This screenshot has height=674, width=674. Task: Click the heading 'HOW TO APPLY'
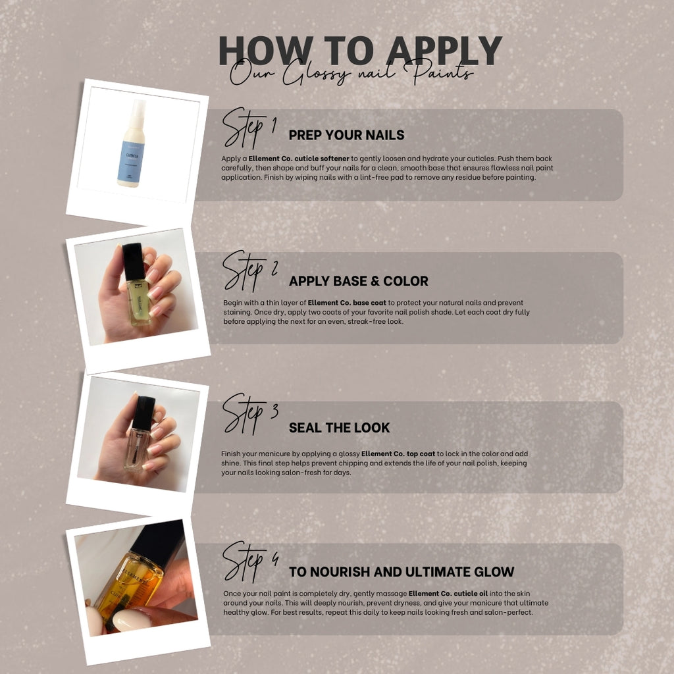(x=360, y=50)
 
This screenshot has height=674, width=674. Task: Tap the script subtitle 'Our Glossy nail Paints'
(x=351, y=72)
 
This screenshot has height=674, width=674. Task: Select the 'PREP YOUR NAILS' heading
(x=346, y=135)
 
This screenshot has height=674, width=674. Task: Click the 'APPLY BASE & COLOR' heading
(x=359, y=281)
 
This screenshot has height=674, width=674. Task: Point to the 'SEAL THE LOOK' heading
(x=339, y=428)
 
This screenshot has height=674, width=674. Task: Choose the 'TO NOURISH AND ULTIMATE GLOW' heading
(x=402, y=572)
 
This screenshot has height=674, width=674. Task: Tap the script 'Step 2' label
(x=250, y=271)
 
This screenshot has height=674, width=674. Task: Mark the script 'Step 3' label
(x=250, y=414)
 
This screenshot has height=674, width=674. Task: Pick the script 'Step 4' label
(x=250, y=562)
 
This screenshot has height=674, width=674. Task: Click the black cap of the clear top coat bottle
(x=143, y=413)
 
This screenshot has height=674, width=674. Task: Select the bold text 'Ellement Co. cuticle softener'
(x=299, y=159)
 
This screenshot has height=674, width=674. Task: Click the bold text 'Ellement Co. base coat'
(x=347, y=303)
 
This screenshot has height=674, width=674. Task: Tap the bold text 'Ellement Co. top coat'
(x=398, y=454)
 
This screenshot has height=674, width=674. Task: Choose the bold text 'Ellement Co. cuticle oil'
(x=448, y=594)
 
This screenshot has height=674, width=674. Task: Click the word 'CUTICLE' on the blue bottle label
(x=132, y=155)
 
